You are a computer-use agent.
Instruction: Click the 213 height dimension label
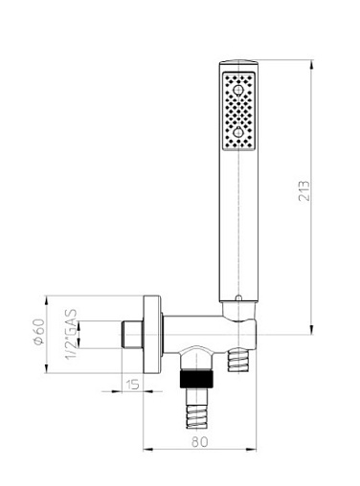point(304,190)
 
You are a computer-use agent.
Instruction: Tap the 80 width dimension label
point(200,442)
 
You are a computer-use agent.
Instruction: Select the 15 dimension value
point(132,385)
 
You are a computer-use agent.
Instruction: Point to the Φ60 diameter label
point(38,332)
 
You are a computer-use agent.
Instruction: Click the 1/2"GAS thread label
point(71,334)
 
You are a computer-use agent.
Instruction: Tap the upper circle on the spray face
point(238,90)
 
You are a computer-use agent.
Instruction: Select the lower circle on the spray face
point(238,132)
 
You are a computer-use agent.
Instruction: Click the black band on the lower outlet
point(196,379)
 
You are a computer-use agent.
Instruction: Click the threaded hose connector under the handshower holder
point(237,360)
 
